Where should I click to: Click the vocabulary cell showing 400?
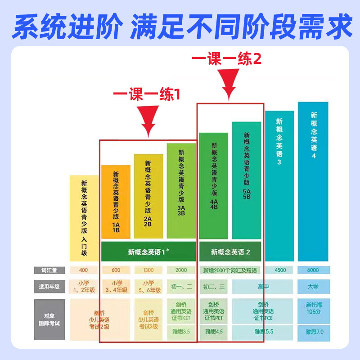coord(84,270)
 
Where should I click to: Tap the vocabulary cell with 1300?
coord(148,270)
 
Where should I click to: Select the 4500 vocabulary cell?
coord(279,270)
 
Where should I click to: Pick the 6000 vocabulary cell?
coord(313,270)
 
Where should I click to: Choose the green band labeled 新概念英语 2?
coord(230,252)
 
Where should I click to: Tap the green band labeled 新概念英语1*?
coord(148,252)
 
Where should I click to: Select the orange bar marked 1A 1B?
coord(116,202)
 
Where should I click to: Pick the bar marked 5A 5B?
coord(247,180)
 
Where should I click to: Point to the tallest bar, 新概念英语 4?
coord(313,180)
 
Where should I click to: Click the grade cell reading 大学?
coord(313,286)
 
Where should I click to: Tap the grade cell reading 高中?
coord(263,286)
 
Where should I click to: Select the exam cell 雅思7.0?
coord(313,332)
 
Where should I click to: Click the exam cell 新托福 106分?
coord(313,309)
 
